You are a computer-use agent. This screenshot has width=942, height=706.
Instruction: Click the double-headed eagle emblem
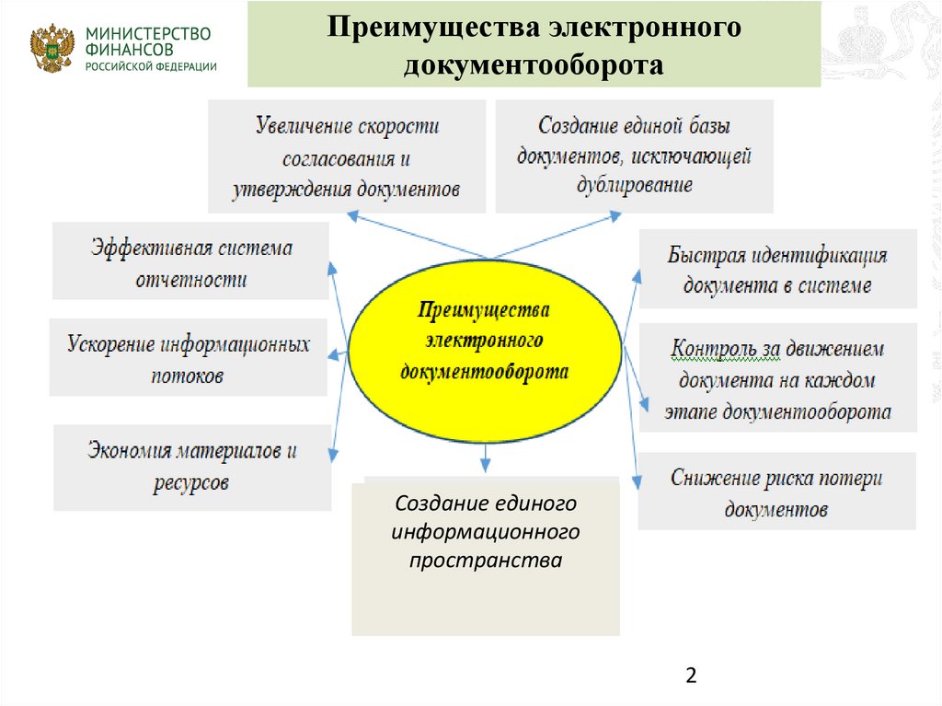point(52,49)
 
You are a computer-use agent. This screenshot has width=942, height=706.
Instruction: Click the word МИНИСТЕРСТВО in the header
point(147,34)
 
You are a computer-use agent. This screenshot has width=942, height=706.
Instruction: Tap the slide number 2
point(691,677)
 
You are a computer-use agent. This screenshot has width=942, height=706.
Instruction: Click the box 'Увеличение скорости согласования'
point(347,156)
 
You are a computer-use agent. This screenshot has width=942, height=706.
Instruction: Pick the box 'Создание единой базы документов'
point(634,156)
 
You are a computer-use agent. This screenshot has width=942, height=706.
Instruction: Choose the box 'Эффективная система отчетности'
point(190,261)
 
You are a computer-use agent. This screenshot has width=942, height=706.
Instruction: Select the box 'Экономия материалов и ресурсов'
point(191,467)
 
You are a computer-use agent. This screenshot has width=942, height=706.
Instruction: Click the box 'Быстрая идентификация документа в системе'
point(777,269)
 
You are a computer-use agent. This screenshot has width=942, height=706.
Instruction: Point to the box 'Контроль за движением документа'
point(777,378)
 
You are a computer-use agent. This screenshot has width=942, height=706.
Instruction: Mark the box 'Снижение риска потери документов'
point(776,492)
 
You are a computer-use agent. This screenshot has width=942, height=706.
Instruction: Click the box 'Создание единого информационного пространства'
point(486,557)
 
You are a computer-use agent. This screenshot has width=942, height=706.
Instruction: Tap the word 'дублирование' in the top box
point(634,184)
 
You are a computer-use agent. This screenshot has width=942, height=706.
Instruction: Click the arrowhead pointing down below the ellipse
point(485,451)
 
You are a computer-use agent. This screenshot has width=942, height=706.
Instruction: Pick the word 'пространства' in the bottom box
point(486,561)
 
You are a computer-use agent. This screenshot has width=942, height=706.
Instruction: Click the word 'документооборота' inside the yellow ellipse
point(485,372)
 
